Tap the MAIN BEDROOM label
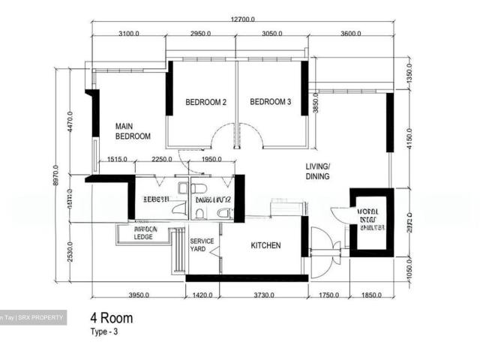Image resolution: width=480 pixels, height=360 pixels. pos(133,131)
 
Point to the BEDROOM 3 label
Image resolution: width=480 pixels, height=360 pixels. pos(270,102)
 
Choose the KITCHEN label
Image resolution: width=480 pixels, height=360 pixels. pos(265,245)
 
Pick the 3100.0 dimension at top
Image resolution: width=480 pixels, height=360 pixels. pos(129,34)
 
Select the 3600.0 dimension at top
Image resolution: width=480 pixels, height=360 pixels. pos(350,34)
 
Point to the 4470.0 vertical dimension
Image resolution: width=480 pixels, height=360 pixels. pos(70,122)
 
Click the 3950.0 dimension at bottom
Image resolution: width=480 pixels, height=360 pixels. pos(139,295)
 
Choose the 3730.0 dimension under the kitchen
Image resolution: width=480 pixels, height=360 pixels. pos(262,295)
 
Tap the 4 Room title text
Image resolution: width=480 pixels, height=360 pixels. pos(112,319)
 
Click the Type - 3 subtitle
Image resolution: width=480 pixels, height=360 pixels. pos(105,331)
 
